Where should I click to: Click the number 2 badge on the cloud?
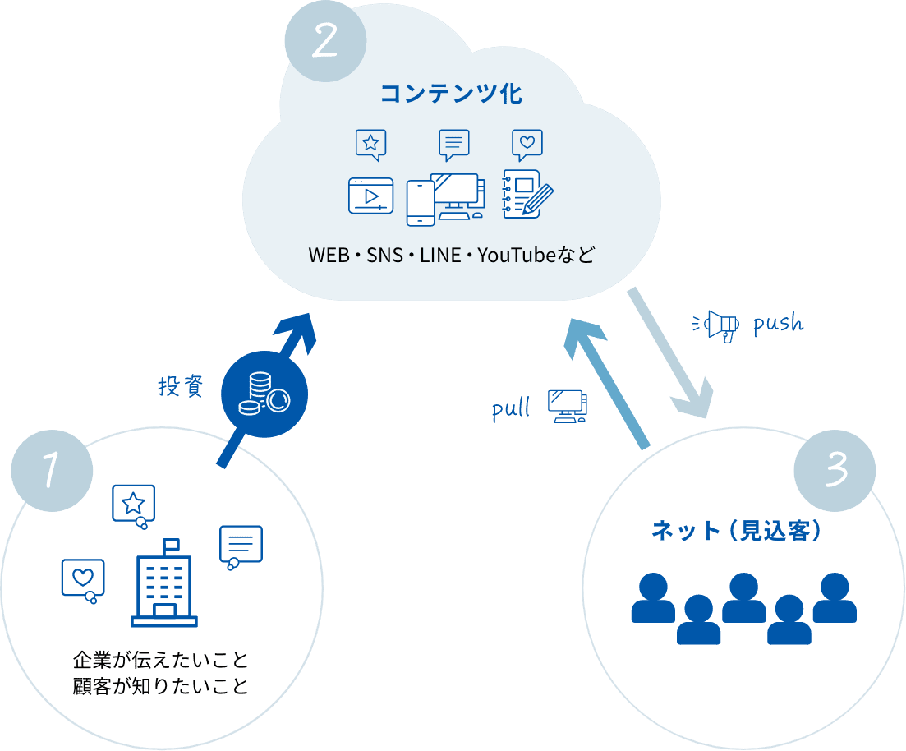[324, 42]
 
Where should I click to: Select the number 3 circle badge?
[835, 470]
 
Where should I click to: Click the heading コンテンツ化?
[451, 94]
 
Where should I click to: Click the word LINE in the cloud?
[440, 255]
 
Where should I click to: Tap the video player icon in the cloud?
[370, 196]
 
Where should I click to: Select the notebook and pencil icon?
[527, 194]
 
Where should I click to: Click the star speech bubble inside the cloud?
[370, 145]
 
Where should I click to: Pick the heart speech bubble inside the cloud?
[527, 145]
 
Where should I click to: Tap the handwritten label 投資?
[180, 386]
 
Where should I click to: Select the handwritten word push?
[777, 323]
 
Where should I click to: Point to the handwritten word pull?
[511, 408]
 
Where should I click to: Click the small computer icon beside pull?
[568, 405]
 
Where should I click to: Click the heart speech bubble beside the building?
[83, 578]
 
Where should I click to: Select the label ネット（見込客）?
[737, 531]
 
